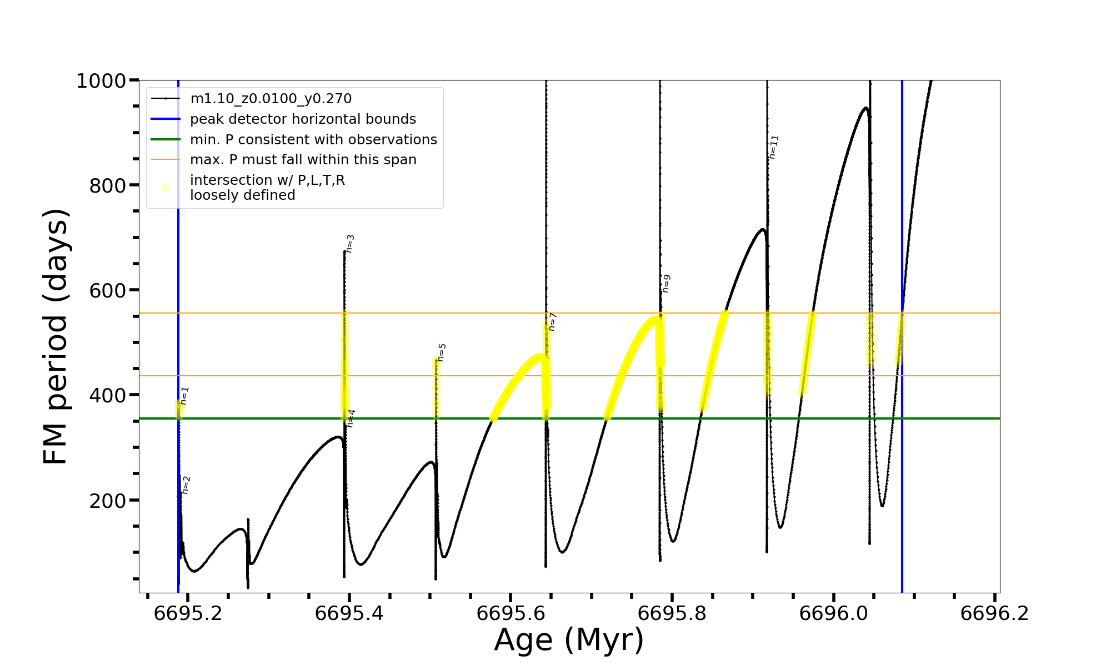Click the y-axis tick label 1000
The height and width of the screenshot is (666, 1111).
tap(101, 82)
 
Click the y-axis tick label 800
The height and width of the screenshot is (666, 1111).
tap(108, 186)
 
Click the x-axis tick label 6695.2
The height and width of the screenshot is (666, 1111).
tap(188, 614)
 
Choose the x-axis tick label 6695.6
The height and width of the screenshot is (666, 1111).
tap(511, 614)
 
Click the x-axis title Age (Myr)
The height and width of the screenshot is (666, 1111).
tap(569, 640)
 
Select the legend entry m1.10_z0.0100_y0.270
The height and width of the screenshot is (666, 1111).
tap(271, 99)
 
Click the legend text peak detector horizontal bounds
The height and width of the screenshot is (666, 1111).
tap(303, 119)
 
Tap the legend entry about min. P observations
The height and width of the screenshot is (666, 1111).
tap(313, 140)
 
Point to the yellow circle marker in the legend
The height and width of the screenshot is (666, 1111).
tap(166, 189)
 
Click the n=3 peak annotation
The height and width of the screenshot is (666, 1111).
tap(350, 244)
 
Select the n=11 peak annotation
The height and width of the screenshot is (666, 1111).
tap(774, 147)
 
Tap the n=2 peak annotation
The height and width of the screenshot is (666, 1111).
tap(186, 485)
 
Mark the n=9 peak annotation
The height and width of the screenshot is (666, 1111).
tap(666, 283)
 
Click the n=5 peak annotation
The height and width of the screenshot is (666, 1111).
tap(442, 352)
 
